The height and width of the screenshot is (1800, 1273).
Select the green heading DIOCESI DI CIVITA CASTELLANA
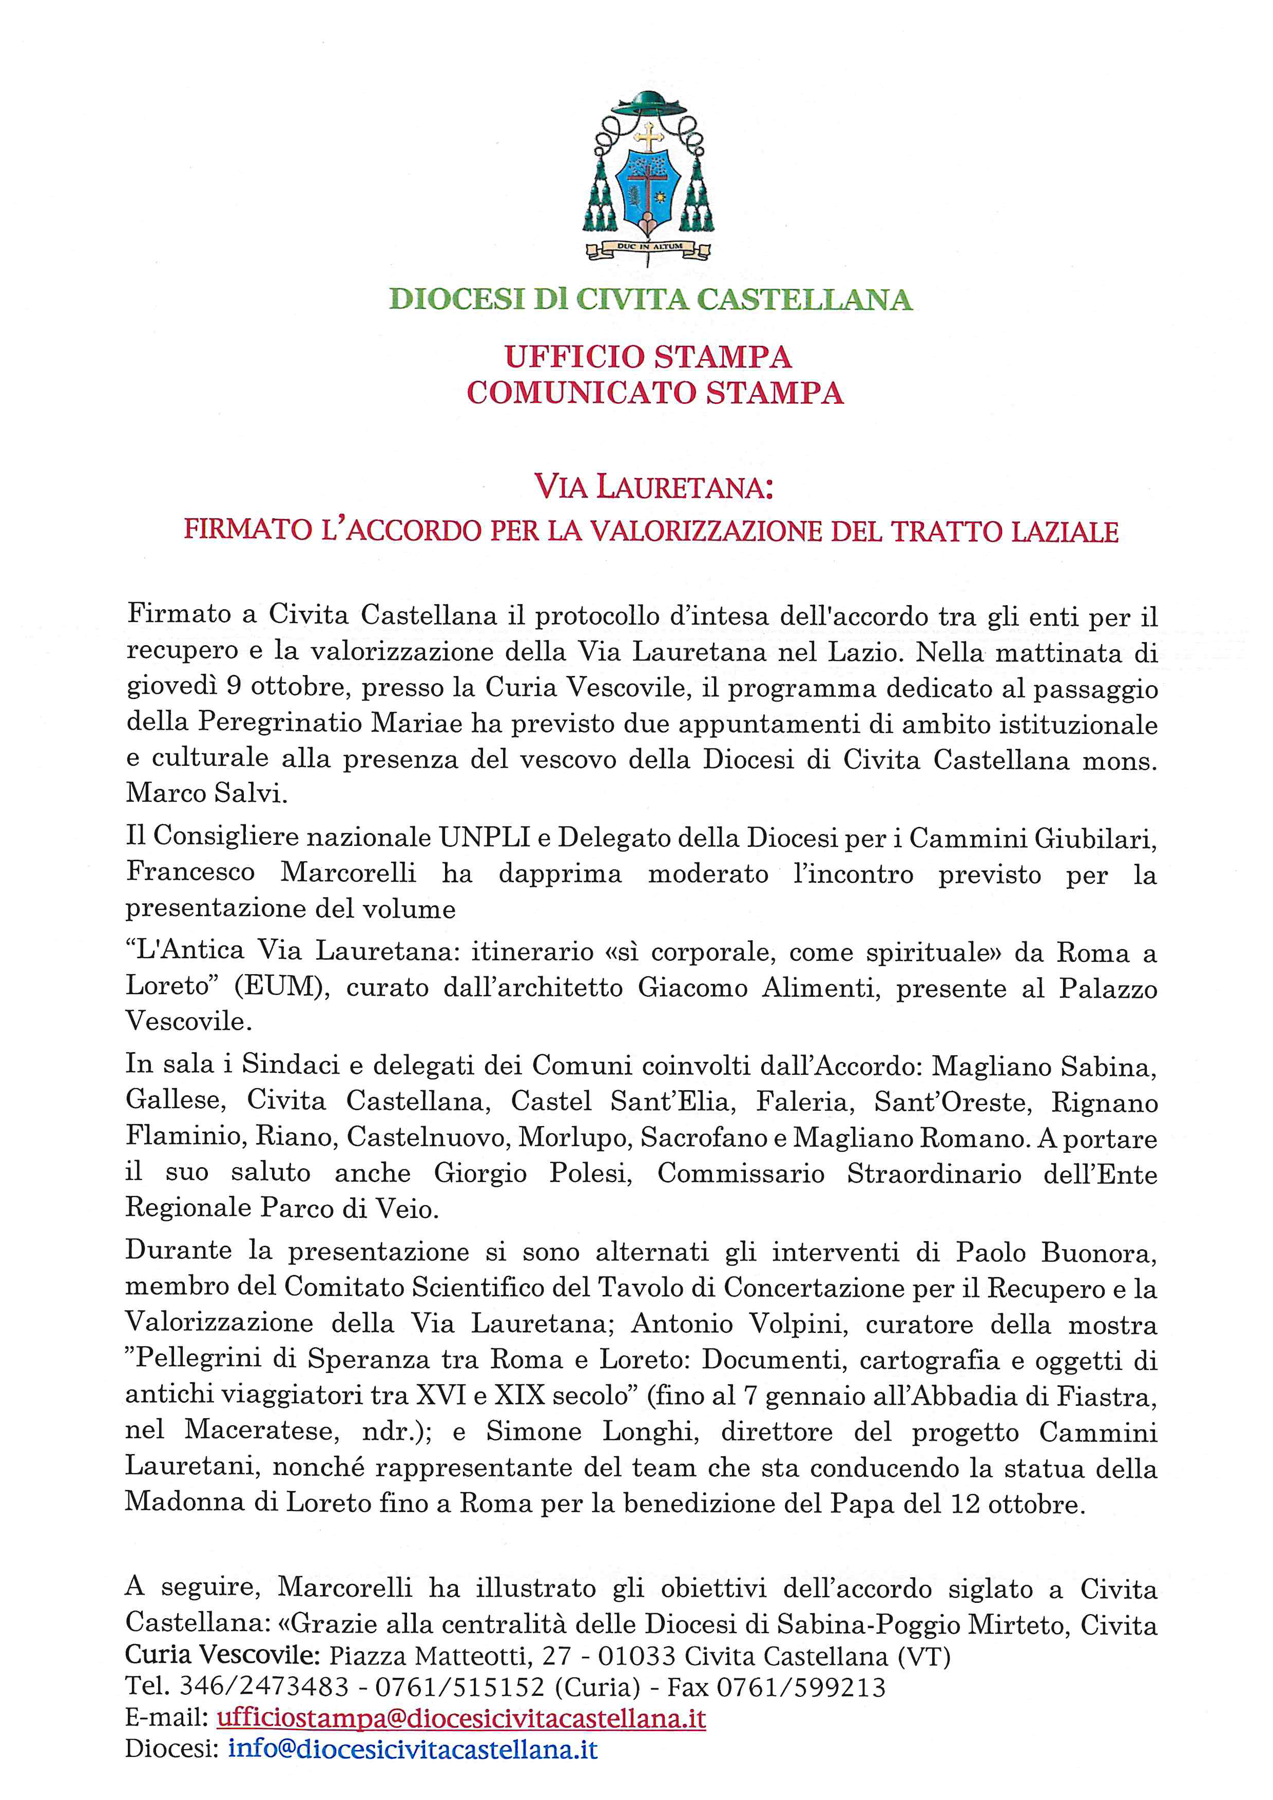coord(650,299)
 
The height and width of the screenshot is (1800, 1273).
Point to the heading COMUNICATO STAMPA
coord(654,393)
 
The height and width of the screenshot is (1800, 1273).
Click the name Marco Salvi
coord(207,793)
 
